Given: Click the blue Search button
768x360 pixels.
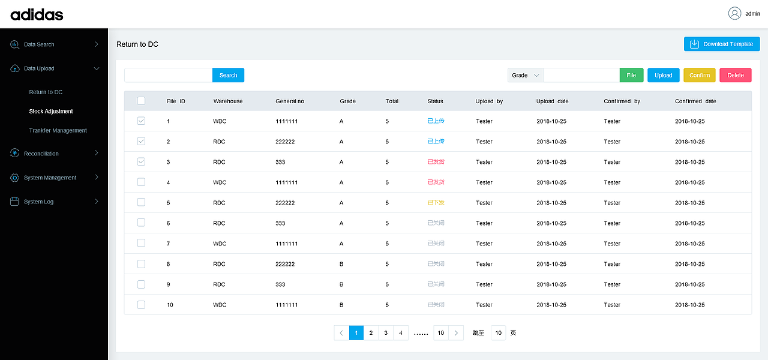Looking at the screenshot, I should [x=228, y=75].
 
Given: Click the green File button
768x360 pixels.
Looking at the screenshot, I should [x=631, y=75].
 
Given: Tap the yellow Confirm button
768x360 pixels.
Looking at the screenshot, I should [x=700, y=75].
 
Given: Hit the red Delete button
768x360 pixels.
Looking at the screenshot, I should [x=736, y=75].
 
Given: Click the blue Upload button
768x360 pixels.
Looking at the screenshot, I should [x=664, y=75].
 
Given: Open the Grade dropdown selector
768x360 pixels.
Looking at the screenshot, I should [x=526, y=75].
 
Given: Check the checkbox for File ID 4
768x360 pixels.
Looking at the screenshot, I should [x=141, y=182].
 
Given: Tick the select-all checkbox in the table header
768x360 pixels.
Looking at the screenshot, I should [x=141, y=101].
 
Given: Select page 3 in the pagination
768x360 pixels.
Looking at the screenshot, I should [x=386, y=333].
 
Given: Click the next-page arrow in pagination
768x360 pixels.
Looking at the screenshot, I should [x=456, y=333].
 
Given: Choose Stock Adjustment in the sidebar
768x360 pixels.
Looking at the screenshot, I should [x=51, y=111].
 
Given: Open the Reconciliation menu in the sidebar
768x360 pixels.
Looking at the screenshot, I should [x=41, y=154].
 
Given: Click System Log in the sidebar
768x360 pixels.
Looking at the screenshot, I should [x=38, y=202].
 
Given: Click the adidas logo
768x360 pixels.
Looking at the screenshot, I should [x=37, y=14].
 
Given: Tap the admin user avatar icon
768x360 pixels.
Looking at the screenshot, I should [x=734, y=13].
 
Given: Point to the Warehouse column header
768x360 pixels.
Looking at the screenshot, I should [x=228, y=101].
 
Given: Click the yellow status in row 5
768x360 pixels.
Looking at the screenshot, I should [x=436, y=203].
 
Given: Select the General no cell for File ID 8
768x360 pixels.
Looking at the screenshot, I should [x=285, y=264].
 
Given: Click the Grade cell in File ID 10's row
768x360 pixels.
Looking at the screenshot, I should [x=341, y=305].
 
